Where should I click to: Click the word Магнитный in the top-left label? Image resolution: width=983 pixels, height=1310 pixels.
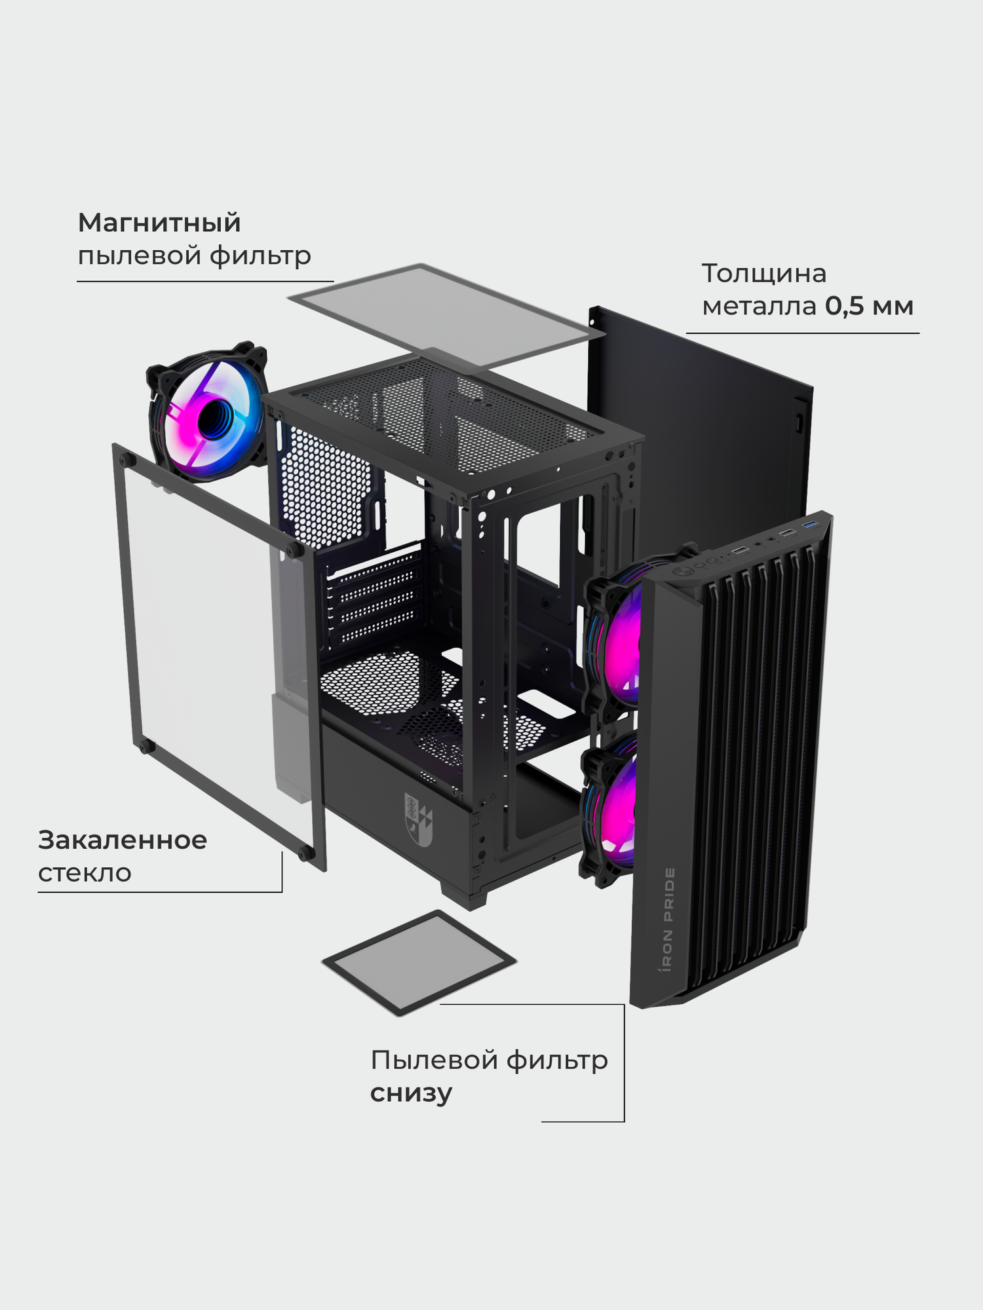pyautogui.click(x=159, y=223)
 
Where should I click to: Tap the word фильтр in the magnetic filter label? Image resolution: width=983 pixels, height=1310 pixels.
pyautogui.click(x=260, y=255)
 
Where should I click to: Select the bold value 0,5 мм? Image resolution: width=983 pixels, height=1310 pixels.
pyautogui.click(x=869, y=306)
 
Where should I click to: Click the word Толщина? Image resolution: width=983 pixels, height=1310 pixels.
pyautogui.click(x=764, y=273)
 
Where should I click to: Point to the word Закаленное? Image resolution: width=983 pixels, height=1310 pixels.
pyautogui.click(x=123, y=840)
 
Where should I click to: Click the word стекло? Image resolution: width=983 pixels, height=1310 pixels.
pyautogui.click(x=85, y=873)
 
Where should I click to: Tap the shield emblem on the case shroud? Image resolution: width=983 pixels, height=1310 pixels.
pyautogui.click(x=418, y=818)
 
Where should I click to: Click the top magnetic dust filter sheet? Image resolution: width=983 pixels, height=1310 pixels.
pyautogui.click(x=446, y=314)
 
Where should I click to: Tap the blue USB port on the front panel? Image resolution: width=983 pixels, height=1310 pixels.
pyautogui.click(x=810, y=525)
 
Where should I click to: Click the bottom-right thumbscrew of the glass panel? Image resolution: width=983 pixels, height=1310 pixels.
pyautogui.click(x=305, y=852)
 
